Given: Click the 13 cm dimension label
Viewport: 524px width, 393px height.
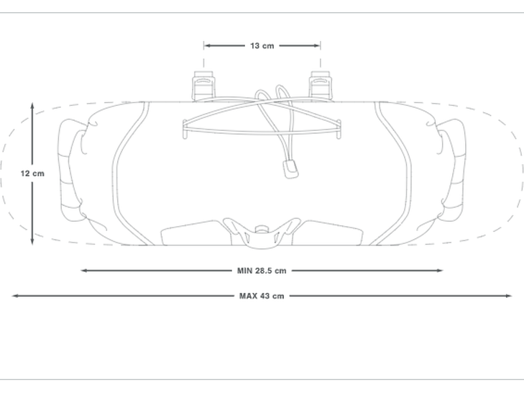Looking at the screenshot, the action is pos(262,46).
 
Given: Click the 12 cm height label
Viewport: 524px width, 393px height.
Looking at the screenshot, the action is pos(32,173).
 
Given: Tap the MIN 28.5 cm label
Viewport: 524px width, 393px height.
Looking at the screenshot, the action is pos(262,271).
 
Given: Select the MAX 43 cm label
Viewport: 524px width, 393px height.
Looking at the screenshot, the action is pos(262,296).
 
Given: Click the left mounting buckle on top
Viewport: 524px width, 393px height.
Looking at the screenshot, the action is pos(203,86).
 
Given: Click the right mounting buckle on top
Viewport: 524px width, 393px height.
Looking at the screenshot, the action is pos(321,86).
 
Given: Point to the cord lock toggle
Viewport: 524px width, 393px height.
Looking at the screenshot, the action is pos(290,169).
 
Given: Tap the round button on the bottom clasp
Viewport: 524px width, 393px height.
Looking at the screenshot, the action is pos(262,230).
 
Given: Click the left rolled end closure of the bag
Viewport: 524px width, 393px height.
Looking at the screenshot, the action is pos(71,170).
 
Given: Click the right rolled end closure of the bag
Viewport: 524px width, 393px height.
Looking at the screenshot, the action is pos(453,170).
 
